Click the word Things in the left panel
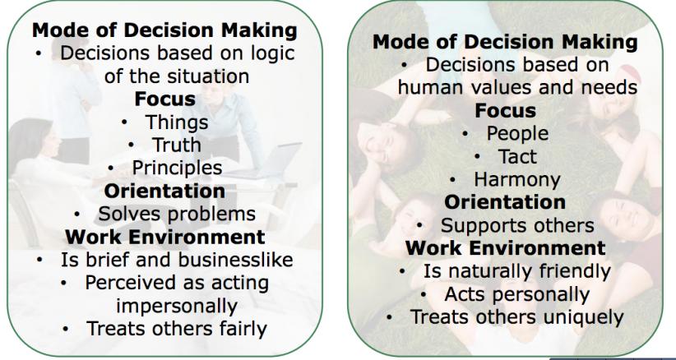coord(177,122)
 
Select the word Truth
coord(177,145)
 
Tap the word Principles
coord(177,168)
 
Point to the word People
coord(517,134)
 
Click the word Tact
coord(517,157)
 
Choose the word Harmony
coord(517,180)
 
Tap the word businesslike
coord(235,260)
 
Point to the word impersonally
coord(177,307)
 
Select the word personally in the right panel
coord(541,295)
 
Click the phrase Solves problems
coord(177,214)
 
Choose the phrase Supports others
coord(517,226)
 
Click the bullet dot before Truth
coord(131,145)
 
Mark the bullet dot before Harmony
coord(452,180)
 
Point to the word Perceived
coord(131,283)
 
